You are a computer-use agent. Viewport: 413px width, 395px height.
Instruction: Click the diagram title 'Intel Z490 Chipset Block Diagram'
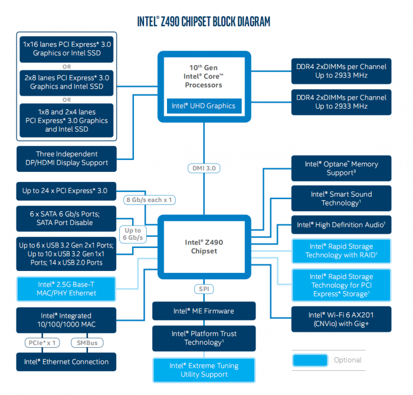tap(204, 22)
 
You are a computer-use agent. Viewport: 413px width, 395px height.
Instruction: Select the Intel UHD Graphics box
tap(204, 106)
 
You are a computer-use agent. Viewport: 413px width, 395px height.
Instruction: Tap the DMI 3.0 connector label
tap(204, 168)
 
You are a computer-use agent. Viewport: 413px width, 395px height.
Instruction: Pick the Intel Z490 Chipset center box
tap(204, 246)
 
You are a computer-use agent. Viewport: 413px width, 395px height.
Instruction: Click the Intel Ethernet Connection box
tap(66, 362)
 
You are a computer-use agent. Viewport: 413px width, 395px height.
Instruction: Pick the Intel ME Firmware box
tap(204, 311)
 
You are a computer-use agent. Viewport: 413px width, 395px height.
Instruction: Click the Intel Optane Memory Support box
tap(341, 168)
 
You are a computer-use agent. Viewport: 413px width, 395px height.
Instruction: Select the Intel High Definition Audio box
tap(341, 225)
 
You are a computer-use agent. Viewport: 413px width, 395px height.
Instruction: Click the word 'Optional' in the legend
tap(348, 360)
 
